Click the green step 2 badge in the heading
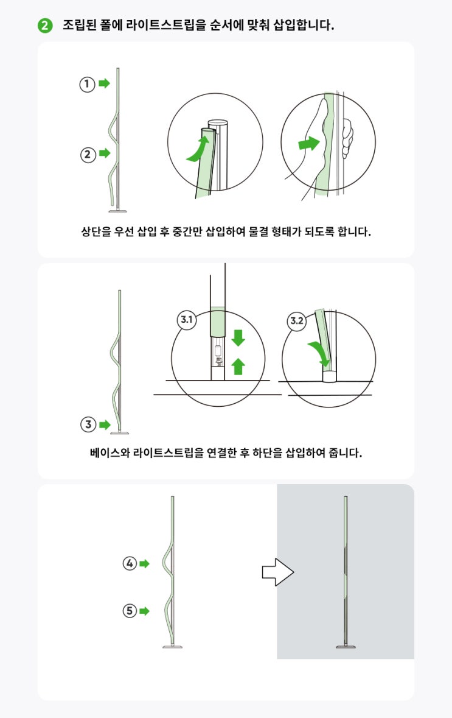(x=45, y=25)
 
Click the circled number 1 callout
(x=87, y=84)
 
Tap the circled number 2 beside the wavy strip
(x=88, y=154)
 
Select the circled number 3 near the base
(x=88, y=424)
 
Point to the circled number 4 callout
(x=130, y=563)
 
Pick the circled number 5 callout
(x=130, y=610)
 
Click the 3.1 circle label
(x=187, y=320)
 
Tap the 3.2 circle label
(x=297, y=320)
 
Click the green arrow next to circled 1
(x=105, y=83)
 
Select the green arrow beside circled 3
(x=105, y=424)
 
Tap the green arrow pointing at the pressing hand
(x=309, y=143)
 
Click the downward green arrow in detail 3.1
(x=238, y=337)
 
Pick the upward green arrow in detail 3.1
(x=238, y=367)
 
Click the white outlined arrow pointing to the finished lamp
(x=277, y=572)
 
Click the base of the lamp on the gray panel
(x=346, y=647)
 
